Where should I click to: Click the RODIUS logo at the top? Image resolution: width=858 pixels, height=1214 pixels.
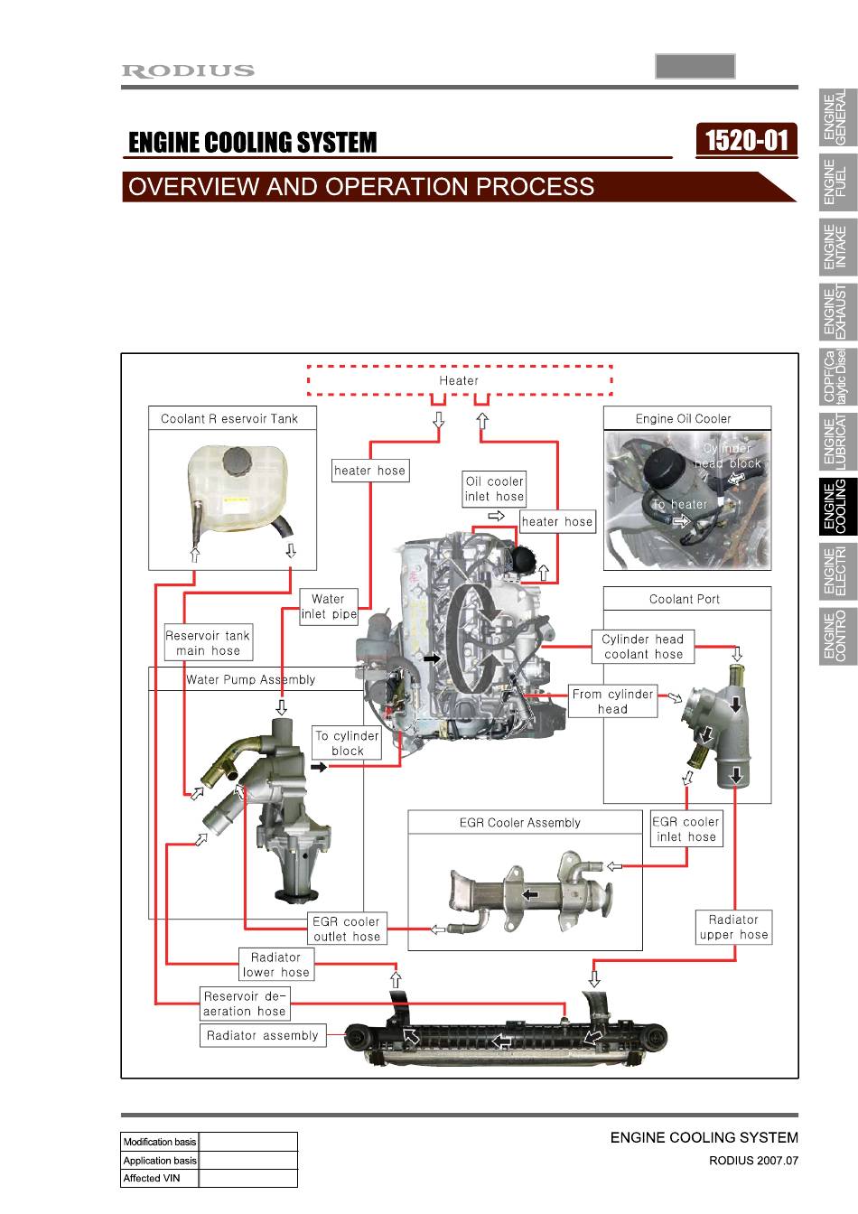point(188,71)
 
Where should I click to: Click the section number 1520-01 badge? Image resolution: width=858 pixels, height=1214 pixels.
point(746,141)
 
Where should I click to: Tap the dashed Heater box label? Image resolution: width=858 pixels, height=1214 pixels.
point(459,381)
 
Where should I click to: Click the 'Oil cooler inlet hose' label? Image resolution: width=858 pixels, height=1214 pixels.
point(494,489)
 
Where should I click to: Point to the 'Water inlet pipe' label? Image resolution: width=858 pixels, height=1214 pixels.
point(329,606)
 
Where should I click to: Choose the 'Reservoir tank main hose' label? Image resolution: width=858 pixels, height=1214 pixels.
point(209,642)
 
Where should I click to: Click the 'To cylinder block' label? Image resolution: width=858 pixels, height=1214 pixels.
point(347,742)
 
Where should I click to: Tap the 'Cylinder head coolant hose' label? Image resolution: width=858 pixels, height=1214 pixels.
point(643,646)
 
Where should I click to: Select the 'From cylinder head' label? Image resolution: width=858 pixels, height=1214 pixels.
point(612,701)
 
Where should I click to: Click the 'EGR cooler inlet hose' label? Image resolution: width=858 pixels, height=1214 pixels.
point(686,829)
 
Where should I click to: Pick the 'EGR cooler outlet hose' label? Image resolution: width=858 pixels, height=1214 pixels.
point(347,929)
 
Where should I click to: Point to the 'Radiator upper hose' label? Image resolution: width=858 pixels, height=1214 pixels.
point(733,927)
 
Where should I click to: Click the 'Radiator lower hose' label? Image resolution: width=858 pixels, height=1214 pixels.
point(276,965)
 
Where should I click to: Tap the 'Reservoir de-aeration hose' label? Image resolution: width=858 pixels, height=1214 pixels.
point(245,1004)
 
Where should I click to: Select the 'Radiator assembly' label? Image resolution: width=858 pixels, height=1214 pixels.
point(262,1036)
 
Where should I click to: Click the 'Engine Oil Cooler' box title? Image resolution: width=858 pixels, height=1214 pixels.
point(683,419)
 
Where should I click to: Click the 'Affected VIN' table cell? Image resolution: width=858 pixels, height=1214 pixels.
point(159,1178)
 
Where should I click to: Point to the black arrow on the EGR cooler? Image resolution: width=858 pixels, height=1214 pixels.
point(531,894)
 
